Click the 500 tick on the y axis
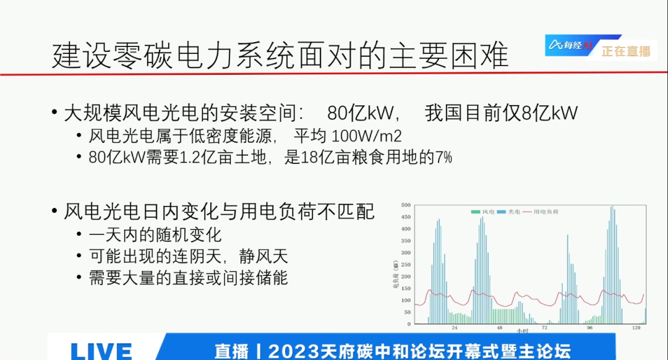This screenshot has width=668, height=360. tap(406, 205)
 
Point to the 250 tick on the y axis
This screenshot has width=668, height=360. tap(406, 265)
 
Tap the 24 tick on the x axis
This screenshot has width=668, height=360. tap(455, 328)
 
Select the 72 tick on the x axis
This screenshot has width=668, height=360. tap(544, 328)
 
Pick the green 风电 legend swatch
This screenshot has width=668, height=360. tap(475, 212)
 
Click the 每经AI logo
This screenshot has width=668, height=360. tap(569, 45)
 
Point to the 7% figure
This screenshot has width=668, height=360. tap(443, 158)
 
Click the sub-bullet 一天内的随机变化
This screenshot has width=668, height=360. tap(155, 235)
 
